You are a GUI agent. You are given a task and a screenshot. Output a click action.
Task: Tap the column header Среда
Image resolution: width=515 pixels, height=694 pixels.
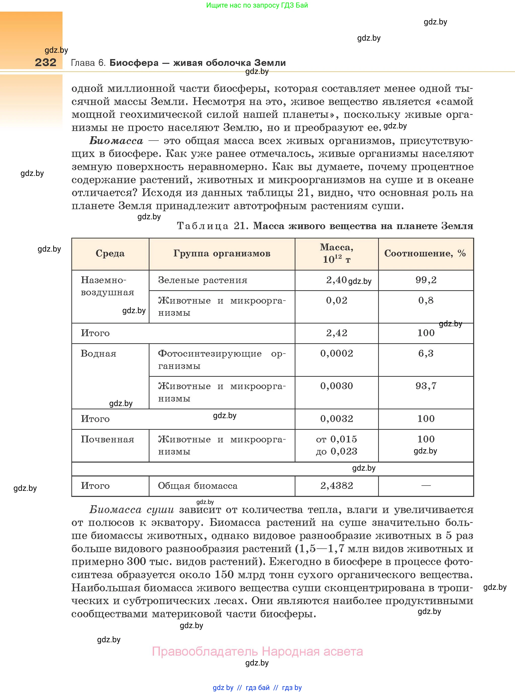(110, 253)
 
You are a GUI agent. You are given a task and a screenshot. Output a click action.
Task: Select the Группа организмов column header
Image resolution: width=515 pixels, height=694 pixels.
(222, 253)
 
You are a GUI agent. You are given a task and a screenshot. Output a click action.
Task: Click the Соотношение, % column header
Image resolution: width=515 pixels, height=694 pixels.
(425, 253)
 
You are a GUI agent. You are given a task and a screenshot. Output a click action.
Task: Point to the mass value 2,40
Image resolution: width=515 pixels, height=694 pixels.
(336, 280)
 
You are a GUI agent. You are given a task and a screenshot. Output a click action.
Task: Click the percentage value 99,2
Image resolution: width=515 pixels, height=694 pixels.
(426, 280)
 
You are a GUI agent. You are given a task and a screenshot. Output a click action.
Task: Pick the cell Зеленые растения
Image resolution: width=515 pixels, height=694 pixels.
(203, 280)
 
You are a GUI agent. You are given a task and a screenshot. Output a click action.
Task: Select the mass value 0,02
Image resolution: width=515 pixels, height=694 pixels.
(336, 301)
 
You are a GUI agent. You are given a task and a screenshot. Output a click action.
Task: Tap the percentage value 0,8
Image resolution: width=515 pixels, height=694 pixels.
(426, 301)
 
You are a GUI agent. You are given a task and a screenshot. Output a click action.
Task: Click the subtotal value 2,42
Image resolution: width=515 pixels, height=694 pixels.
(336, 333)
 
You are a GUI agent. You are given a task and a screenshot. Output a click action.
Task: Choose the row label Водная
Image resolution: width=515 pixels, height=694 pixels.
(99, 354)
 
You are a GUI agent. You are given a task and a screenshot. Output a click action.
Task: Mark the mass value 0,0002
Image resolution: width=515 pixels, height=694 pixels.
(336, 354)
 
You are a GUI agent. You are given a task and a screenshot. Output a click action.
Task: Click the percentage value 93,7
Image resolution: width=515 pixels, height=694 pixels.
(426, 386)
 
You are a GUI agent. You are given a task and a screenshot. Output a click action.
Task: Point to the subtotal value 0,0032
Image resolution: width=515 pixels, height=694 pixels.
(336, 419)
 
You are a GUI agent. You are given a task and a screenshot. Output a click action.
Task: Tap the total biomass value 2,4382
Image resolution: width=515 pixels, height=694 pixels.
(336, 486)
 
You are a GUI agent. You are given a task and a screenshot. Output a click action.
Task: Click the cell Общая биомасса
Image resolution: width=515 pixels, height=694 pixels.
(198, 486)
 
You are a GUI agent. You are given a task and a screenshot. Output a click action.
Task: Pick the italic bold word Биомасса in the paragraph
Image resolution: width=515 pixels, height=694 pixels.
(116, 141)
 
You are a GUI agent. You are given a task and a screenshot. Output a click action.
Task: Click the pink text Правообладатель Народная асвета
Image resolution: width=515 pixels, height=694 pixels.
(257, 651)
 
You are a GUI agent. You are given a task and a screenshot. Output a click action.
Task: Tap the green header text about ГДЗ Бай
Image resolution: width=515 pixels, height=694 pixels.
(257, 5)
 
